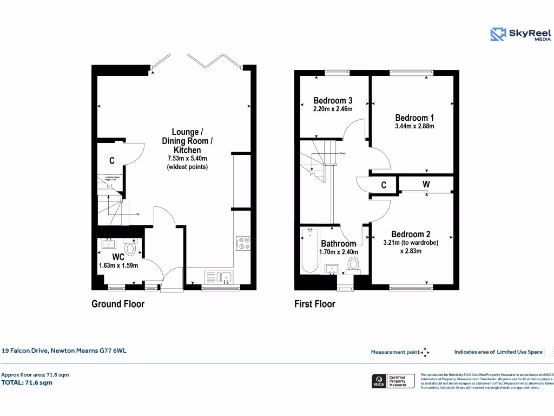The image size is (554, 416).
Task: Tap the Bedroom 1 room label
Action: [414, 118]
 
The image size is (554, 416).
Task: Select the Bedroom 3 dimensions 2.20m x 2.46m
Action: [333, 109]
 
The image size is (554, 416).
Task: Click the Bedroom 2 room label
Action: [411, 234]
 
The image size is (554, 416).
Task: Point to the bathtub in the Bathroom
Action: [310, 251]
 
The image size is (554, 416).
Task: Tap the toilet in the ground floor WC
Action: [130, 248]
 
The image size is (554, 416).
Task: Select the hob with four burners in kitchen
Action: [243, 244]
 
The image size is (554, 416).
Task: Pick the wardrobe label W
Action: [426, 185]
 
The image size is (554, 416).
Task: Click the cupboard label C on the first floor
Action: [384, 185]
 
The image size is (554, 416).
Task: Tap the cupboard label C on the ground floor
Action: [112, 161]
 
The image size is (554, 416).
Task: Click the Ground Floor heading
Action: [118, 304]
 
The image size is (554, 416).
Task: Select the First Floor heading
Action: [314, 304]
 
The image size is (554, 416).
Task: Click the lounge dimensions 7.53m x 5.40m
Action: [187, 159]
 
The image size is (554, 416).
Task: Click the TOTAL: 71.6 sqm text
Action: [27, 382]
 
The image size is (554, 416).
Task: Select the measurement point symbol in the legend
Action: [425, 353]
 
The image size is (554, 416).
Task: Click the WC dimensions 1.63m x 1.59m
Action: [118, 265]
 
